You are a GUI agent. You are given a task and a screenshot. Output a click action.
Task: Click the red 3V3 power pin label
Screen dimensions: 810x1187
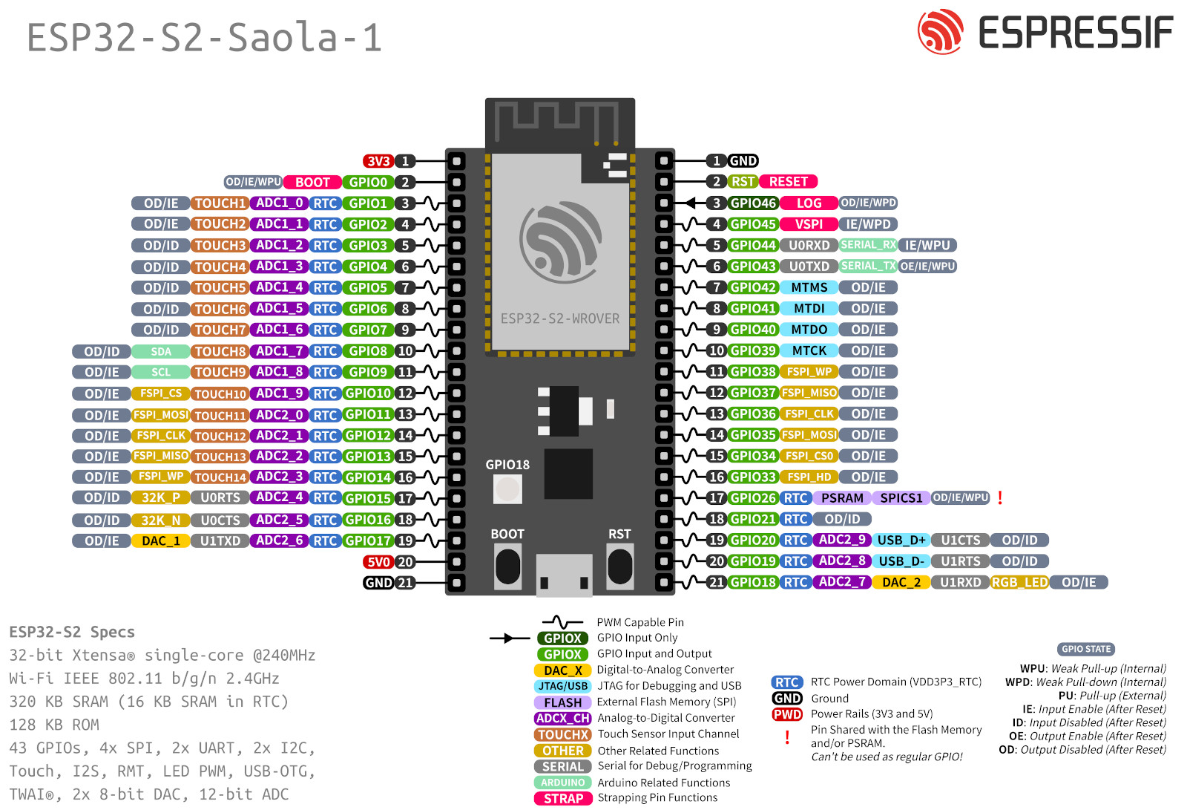point(378,161)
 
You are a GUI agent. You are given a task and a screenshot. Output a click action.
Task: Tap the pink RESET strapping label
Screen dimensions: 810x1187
point(788,182)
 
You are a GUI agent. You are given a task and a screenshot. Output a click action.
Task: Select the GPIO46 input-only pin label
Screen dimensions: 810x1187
point(753,203)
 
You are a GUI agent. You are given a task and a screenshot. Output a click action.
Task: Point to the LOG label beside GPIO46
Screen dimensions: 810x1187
point(809,203)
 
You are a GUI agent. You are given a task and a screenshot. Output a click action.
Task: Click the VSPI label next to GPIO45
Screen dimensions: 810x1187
point(809,224)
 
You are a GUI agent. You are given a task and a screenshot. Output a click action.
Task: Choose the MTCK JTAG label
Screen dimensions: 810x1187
point(809,350)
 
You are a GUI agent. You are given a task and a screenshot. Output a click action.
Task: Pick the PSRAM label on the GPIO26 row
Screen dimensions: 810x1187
point(842,498)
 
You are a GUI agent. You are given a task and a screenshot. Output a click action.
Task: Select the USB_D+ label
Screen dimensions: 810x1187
point(901,540)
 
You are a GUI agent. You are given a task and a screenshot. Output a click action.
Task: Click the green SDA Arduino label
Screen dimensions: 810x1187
point(161,352)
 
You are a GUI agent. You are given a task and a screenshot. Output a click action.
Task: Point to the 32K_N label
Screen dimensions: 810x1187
point(161,520)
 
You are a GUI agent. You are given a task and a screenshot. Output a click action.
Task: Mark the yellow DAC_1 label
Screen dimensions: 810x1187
point(161,541)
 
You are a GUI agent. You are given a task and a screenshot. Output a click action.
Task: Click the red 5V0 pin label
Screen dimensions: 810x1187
point(378,562)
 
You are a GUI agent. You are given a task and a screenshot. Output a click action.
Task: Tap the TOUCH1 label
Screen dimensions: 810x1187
point(220,203)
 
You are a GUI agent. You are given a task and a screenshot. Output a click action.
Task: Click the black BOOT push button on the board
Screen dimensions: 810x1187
point(507,567)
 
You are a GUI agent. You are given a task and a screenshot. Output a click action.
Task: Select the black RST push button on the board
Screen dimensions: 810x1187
point(619,567)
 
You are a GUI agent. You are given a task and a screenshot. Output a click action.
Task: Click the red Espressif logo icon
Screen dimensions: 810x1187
point(940,32)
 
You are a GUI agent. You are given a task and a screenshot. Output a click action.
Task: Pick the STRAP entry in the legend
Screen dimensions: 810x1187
point(563,799)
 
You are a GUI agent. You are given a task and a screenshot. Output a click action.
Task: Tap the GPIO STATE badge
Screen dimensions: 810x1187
point(1086,649)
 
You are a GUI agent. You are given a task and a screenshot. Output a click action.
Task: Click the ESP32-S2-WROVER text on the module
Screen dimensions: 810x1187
point(559,319)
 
